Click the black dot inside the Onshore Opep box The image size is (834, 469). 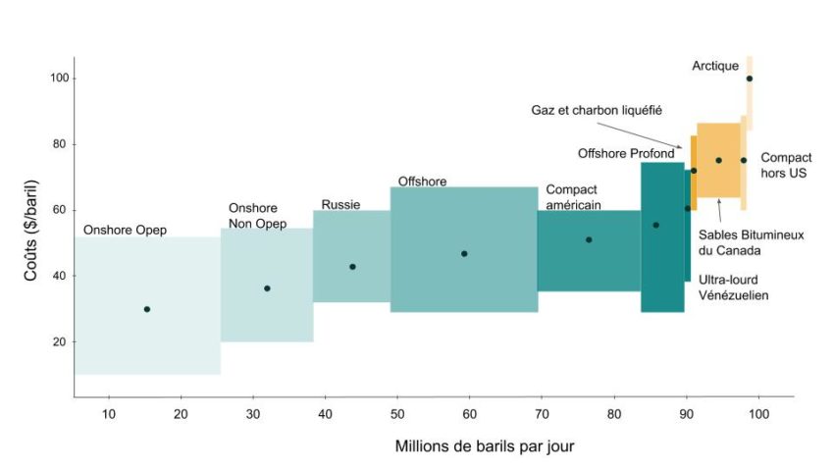[147, 309]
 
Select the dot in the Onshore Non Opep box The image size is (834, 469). [267, 288]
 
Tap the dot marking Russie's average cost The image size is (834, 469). [352, 267]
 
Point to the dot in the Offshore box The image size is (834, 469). [464, 254]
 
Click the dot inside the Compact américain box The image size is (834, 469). [589, 239]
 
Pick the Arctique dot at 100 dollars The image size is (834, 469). [750, 78]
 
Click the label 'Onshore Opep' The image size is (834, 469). [125, 231]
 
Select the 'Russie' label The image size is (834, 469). [341, 205]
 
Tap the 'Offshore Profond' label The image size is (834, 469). [626, 154]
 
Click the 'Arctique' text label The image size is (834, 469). [715, 66]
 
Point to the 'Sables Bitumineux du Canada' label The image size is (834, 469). [737, 242]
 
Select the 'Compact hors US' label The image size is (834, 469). [786, 165]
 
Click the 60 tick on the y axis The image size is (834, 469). [58, 210]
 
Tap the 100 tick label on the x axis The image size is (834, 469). [758, 415]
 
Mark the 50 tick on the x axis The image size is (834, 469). [397, 415]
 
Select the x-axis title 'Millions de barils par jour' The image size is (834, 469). [485, 446]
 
